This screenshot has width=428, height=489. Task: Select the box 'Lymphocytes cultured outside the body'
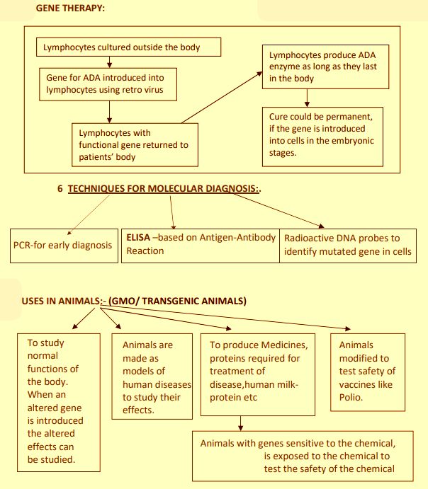click(128, 47)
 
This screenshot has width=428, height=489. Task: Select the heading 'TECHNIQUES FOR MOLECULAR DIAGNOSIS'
click(168, 190)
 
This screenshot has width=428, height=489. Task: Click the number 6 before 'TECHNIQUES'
click(60, 190)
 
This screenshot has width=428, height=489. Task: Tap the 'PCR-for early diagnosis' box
click(63, 246)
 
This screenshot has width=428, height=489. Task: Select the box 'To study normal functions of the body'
click(56, 401)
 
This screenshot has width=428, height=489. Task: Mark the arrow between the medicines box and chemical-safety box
click(242, 423)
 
